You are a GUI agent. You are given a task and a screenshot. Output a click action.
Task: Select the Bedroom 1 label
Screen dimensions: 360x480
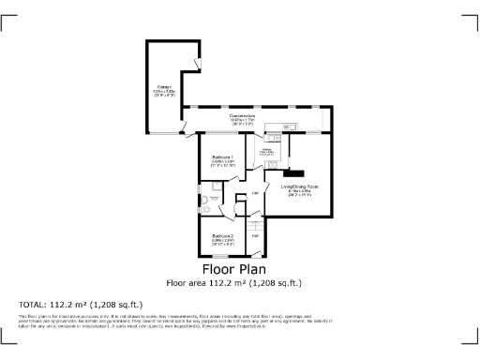pyautogui.click(x=222, y=156)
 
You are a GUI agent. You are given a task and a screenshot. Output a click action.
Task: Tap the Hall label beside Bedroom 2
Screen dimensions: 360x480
pyautogui.click(x=256, y=235)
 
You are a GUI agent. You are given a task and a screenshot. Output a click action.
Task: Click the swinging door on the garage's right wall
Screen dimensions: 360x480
pyautogui.click(x=196, y=63)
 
